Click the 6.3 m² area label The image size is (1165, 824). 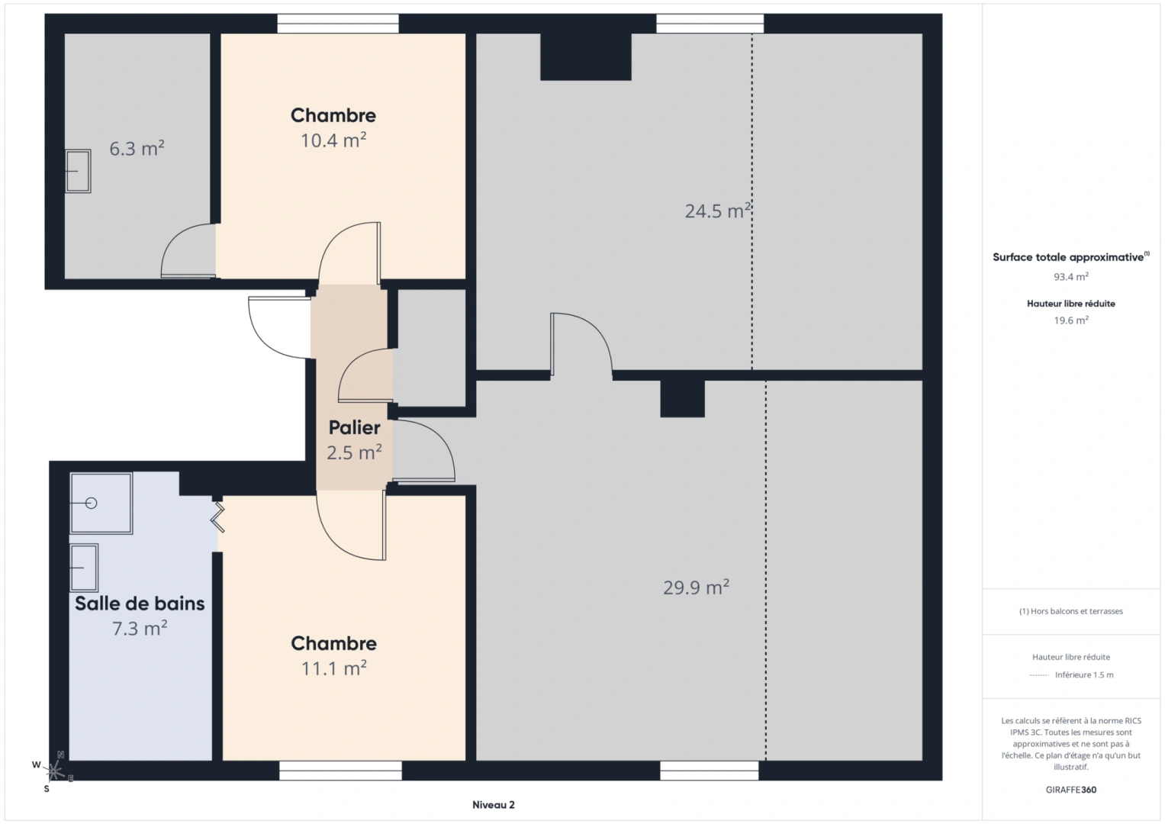click(137, 148)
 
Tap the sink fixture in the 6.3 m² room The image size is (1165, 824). click(78, 171)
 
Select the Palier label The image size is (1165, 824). click(354, 427)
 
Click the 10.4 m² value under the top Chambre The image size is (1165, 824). click(333, 140)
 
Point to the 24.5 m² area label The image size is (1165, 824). click(717, 211)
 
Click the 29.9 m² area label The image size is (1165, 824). click(696, 587)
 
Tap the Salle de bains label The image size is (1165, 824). click(140, 604)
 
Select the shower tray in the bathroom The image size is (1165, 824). click(101, 503)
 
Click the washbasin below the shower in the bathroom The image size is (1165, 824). click(84, 568)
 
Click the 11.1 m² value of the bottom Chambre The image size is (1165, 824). click(333, 668)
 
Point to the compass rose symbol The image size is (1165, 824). click(54, 771)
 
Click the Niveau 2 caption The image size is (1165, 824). click(493, 805)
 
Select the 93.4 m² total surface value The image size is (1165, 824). click(1070, 277)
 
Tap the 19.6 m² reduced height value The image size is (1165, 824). click(1070, 320)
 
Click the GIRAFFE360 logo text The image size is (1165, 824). click(1070, 790)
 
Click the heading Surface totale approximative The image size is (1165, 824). click(1069, 257)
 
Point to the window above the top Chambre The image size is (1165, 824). click(337, 24)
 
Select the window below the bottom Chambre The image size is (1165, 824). click(340, 771)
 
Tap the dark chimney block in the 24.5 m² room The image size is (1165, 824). click(585, 56)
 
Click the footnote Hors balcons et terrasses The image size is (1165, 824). click(1070, 611)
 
